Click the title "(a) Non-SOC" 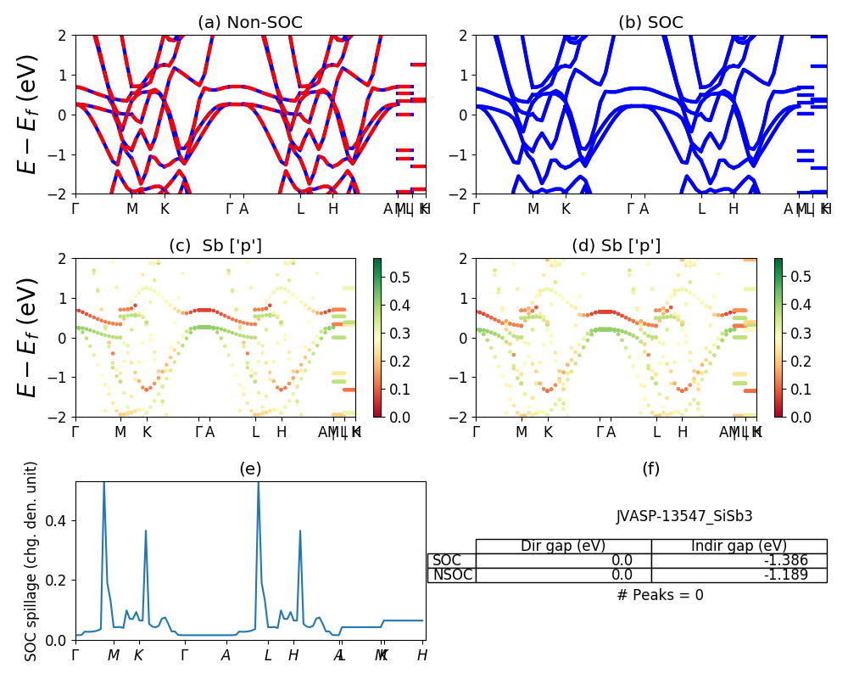[x=249, y=23]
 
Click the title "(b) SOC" [x=650, y=23]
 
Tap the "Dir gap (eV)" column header [x=563, y=546]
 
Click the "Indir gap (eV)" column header [x=739, y=546]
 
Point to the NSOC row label [x=452, y=575]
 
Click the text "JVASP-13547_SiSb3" [x=684, y=516]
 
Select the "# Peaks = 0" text [x=660, y=595]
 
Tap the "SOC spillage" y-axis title [x=31, y=561]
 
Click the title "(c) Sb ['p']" [x=215, y=246]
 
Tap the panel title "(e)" [x=250, y=469]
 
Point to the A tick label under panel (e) [x=226, y=655]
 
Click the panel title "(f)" [x=650, y=469]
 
